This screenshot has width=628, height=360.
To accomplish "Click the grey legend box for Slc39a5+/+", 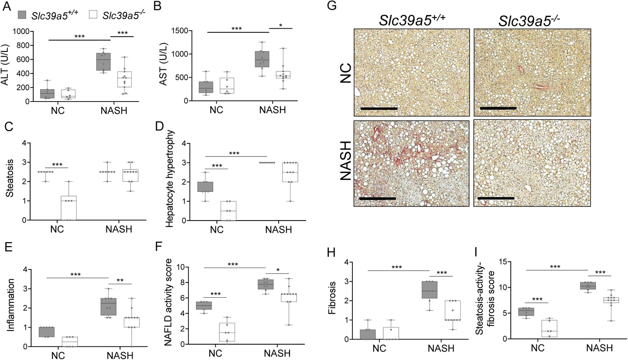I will coord(22,15).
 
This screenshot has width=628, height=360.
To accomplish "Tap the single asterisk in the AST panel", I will coord(281,26).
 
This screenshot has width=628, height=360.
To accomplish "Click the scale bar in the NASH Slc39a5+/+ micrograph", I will coord(378,198).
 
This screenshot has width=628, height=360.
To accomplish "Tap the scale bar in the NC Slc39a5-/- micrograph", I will coord(498,108).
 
